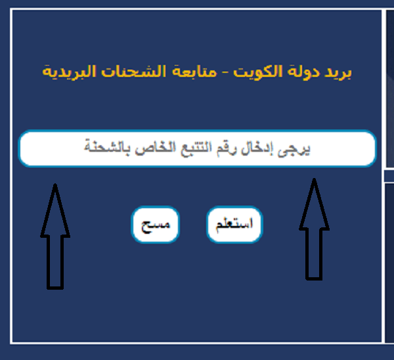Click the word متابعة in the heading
(x=194, y=72)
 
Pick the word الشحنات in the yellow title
(x=134, y=72)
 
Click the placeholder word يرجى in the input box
(x=294, y=149)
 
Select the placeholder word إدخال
(x=257, y=148)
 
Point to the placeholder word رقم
(x=227, y=149)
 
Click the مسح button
(x=155, y=225)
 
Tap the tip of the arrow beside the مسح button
(x=55, y=184)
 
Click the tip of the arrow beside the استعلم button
(x=314, y=179)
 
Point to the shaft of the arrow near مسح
(x=55, y=263)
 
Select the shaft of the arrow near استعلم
(x=314, y=254)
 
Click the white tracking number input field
(x=198, y=148)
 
